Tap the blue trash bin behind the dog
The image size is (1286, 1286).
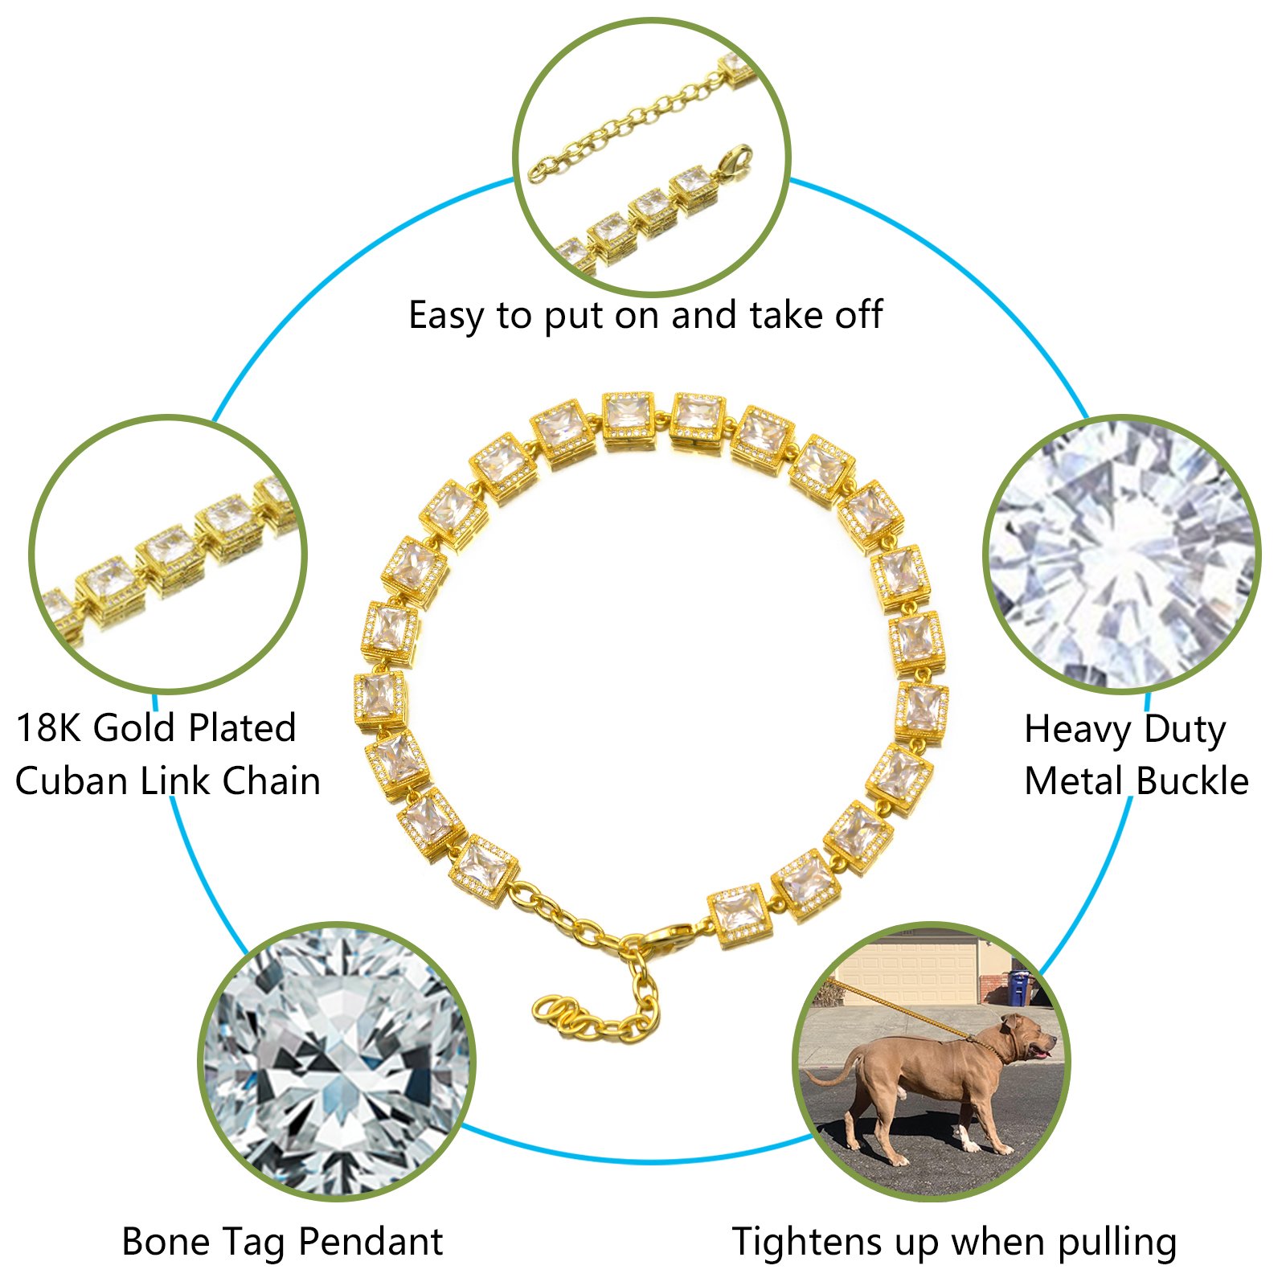1019,986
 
